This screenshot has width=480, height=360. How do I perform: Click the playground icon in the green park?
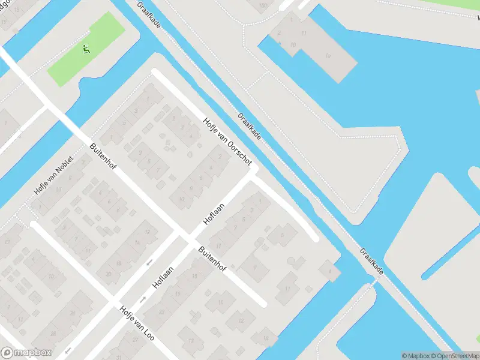[86, 50]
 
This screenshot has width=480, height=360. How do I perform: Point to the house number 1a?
[328, 56]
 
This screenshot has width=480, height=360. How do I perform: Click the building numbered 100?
[263, 6]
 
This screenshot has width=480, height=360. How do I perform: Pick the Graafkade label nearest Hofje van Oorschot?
[249, 127]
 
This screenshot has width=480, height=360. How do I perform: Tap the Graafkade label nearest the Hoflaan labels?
[371, 262]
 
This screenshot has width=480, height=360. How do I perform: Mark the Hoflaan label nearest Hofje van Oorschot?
[214, 214]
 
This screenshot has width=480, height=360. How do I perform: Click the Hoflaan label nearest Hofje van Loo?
[163, 277]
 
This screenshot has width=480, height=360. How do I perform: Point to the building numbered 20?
[108, 274]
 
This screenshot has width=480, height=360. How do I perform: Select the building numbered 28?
[53, 333]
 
